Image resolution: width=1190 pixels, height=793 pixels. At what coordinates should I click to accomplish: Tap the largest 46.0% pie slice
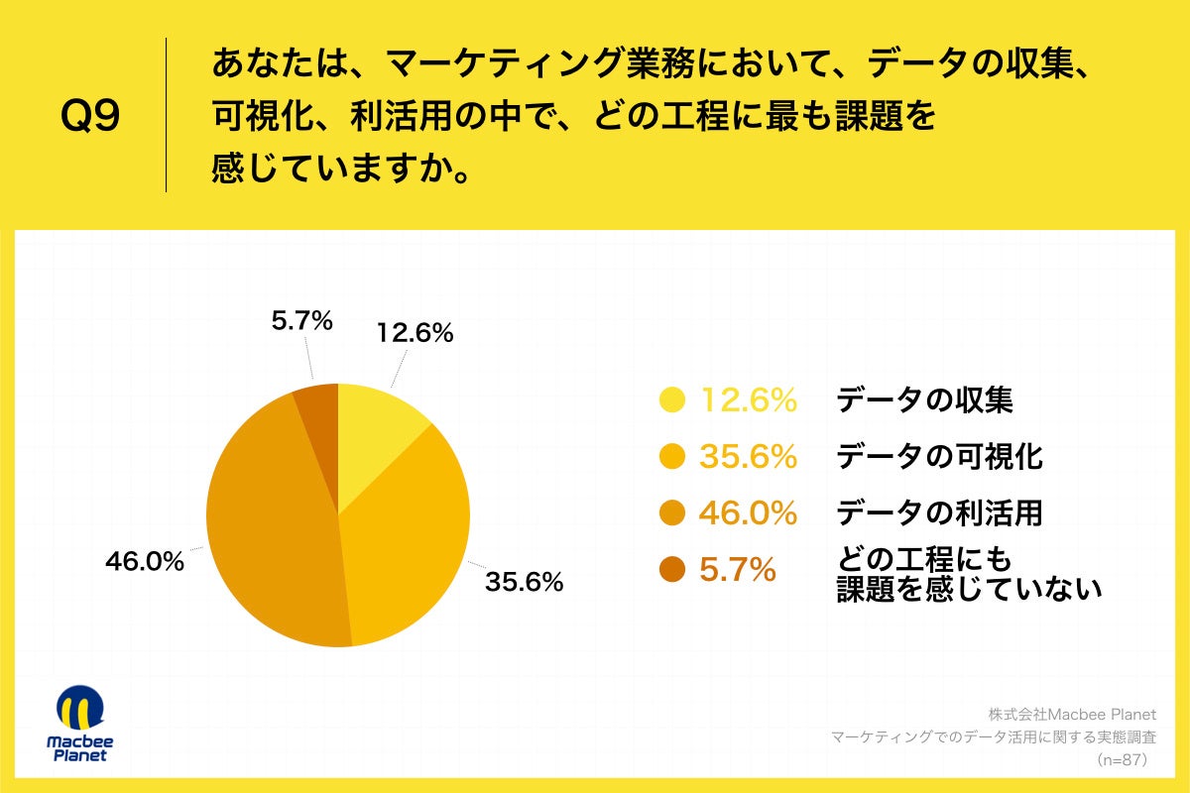(268, 525)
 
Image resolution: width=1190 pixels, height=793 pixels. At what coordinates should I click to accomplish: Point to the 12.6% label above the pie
(415, 334)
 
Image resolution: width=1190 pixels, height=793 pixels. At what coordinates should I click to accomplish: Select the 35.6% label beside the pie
(524, 582)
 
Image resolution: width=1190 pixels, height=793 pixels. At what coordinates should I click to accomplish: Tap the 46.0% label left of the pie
(145, 561)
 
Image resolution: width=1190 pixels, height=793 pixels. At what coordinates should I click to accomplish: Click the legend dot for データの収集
(672, 399)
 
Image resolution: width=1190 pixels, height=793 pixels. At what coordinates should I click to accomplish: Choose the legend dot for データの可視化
(672, 456)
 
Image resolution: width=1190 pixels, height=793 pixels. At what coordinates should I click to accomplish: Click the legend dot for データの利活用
(672, 512)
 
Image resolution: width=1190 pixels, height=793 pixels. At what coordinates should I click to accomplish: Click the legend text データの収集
(924, 399)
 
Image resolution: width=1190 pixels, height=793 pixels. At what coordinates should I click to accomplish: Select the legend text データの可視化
(939, 456)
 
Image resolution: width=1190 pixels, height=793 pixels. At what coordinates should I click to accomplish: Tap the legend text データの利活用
(939, 512)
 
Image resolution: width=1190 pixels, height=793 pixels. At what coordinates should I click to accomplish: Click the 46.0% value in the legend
(749, 512)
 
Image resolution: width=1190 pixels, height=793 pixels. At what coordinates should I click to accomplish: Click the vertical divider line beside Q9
(166, 115)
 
